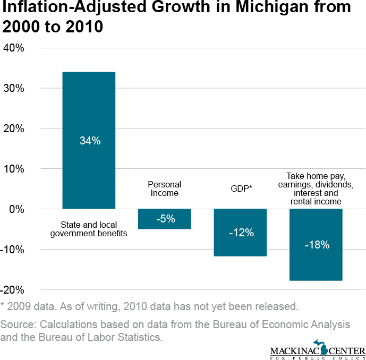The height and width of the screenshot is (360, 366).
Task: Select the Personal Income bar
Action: [164, 224]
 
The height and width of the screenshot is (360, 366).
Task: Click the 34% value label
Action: [89, 141]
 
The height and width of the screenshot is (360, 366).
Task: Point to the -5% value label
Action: [164, 219]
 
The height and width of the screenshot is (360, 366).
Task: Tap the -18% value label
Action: [317, 245]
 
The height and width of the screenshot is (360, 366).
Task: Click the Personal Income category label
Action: [164, 188]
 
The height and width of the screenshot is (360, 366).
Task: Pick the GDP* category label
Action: [240, 188]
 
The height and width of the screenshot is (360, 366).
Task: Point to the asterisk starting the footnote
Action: [3, 305]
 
